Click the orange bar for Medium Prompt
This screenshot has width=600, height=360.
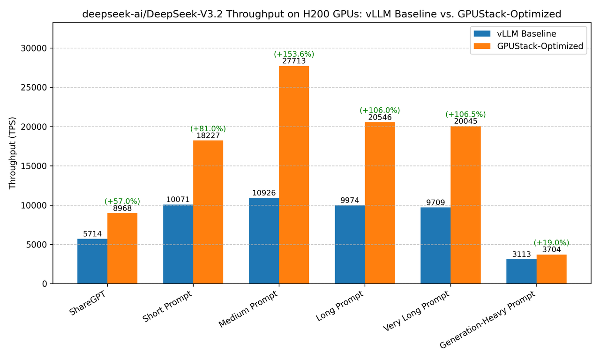(x=294, y=174)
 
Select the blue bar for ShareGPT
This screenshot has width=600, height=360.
(x=92, y=261)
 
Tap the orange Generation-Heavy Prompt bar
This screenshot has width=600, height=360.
(x=551, y=269)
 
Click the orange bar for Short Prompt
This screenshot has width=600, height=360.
(x=208, y=212)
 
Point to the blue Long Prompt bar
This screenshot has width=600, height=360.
(x=350, y=244)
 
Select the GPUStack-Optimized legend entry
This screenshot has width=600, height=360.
(x=529, y=46)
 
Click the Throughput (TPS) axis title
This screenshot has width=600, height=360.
(x=13, y=153)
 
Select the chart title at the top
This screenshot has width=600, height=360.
(x=322, y=14)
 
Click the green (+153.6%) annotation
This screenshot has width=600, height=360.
(x=294, y=54)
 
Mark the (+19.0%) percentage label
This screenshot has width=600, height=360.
(x=551, y=243)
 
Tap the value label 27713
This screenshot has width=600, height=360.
(x=294, y=61)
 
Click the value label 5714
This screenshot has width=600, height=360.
(x=92, y=233)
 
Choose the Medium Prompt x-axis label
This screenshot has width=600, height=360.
(x=249, y=309)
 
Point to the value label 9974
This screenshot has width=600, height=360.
(x=350, y=200)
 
